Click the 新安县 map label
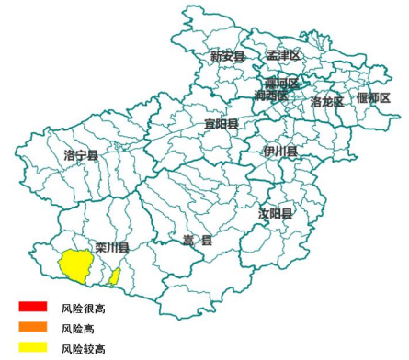227,56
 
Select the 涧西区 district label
271,96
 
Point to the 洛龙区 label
327,101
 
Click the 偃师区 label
374,97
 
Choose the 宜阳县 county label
222,123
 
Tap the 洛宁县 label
82,155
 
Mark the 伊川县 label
279,151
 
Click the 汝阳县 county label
276,214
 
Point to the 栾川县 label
111,247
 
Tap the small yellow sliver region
115,276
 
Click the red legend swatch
33,306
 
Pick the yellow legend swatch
33,347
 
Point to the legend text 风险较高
83,349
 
